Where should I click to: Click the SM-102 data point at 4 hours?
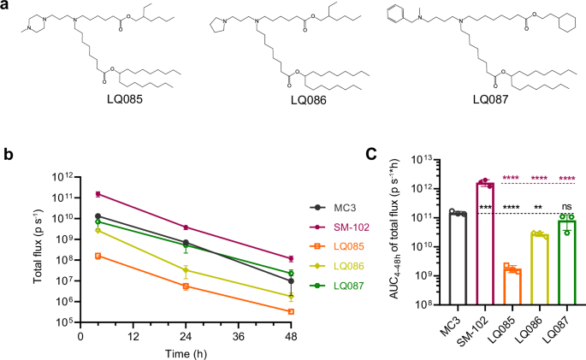pos(98,194)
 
